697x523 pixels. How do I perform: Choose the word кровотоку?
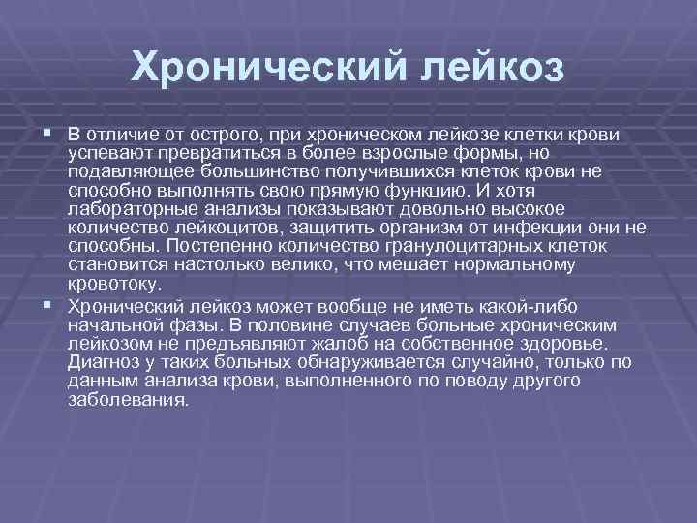pyautogui.click(x=110, y=284)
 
